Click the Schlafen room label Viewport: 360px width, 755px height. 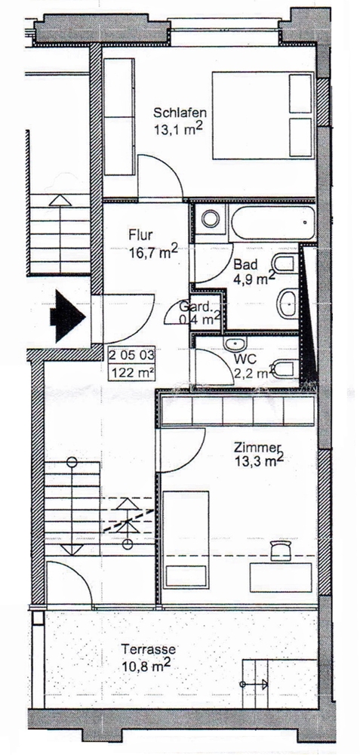pos(180,113)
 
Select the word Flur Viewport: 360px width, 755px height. pos(141,236)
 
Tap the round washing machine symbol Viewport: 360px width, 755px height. pos(211,219)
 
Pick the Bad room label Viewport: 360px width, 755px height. pos(245,264)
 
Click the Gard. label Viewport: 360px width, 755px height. pos(195,307)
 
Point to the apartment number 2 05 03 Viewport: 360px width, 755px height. pos(131,356)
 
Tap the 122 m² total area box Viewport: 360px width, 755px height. pos(131,371)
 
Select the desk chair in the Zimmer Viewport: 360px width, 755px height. pos(282,550)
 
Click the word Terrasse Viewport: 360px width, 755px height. pos(148,649)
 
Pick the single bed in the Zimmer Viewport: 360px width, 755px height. pos(186,541)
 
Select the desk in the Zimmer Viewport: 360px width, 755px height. pos(281,578)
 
